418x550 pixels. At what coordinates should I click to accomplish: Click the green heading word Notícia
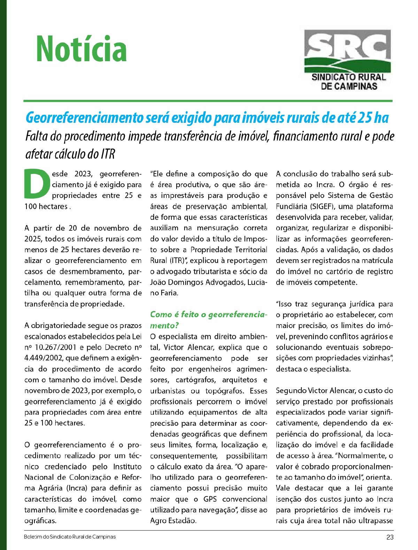tap(81, 49)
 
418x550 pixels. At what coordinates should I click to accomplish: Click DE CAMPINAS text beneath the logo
tap(349, 86)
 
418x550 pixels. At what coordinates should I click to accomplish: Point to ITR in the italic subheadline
tap(108, 153)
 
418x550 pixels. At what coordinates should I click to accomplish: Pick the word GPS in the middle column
tap(210, 499)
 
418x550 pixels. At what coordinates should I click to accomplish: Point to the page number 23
tap(390, 537)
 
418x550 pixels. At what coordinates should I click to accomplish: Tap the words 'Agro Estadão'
tap(173, 520)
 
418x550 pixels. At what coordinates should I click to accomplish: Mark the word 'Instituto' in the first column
tap(127, 467)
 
